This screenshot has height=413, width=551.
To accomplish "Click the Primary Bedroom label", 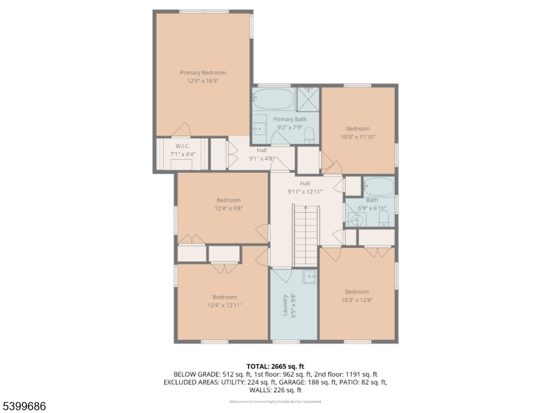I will pos(202,72).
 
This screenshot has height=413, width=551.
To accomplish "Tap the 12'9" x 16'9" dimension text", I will pos(202,81).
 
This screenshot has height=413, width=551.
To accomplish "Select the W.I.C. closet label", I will pos(183,146).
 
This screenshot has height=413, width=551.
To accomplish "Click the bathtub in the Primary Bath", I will pos(273,98).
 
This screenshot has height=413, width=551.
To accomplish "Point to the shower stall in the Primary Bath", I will pos(308,98).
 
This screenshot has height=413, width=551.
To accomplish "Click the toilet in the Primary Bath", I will pos(309,134).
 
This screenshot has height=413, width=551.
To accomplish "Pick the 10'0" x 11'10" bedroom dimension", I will pos(358,137).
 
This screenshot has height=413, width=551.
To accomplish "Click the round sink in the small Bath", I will pos(355,220).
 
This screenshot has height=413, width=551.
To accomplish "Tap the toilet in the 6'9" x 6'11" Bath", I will pos(384,219).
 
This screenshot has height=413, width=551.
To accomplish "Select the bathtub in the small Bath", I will pos(378,186).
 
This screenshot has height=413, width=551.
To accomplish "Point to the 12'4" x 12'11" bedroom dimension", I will pos(225,306).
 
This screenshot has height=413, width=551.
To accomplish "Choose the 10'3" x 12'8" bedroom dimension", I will pos(357,300).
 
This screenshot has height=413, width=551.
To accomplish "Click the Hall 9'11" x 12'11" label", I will pos(305,187).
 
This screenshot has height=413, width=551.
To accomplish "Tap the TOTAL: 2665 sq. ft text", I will pos(275,366).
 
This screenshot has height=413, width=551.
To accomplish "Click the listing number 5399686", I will pos(24,407).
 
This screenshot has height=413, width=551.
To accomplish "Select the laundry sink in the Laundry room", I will pos(310,277).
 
